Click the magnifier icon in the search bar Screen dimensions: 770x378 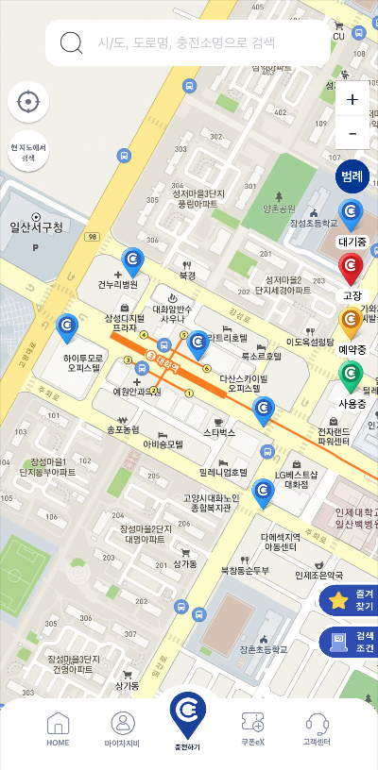(x=71, y=42)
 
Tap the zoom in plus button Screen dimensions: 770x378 (x=352, y=99)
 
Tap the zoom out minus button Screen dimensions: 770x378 (x=352, y=134)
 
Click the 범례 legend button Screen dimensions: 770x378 (x=352, y=176)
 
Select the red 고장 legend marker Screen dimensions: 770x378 (x=352, y=268)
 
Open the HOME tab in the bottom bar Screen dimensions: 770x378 (x=59, y=729)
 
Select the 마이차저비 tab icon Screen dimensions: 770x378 (x=123, y=729)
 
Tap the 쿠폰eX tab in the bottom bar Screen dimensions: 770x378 (x=252, y=729)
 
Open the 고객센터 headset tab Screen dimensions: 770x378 (x=317, y=729)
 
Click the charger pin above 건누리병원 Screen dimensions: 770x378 (x=133, y=260)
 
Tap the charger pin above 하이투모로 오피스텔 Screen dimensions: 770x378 (x=67, y=326)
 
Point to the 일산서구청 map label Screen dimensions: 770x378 (x=36, y=227)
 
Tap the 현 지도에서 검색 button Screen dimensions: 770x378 (x=28, y=153)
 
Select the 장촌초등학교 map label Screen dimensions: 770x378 (x=263, y=649)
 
